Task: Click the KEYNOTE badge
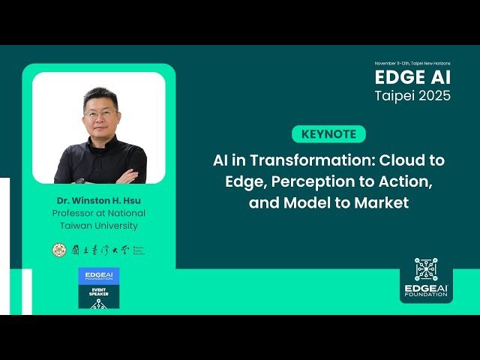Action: tap(328, 135)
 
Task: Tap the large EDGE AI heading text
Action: tap(413, 79)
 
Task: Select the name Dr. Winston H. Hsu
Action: tap(98, 201)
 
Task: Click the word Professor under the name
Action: tap(78, 214)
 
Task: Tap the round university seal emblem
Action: tap(58, 250)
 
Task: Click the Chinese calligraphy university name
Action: tap(98, 250)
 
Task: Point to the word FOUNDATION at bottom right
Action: tap(426, 295)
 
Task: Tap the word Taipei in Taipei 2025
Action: tap(395, 96)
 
